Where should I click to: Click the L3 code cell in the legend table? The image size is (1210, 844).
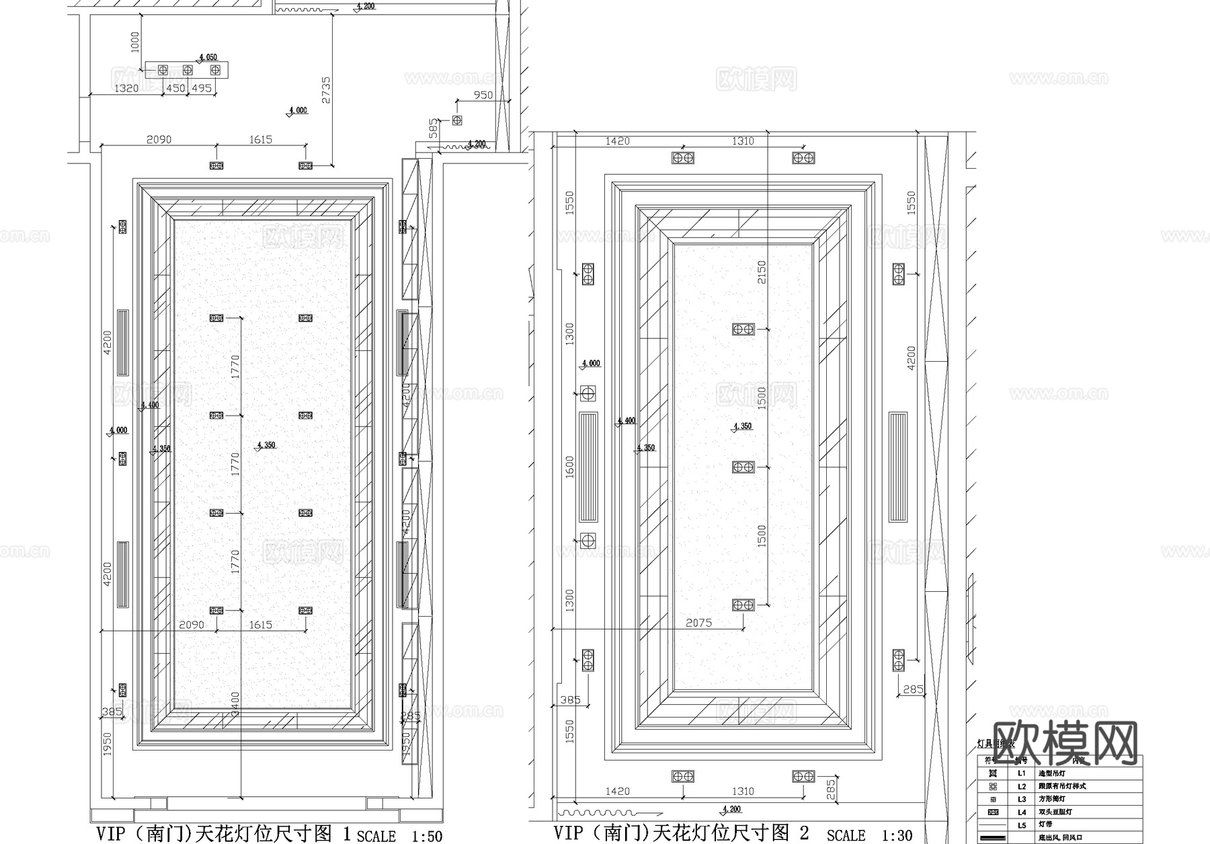click(1021, 799)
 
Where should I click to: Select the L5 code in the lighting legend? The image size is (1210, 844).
click(1021, 824)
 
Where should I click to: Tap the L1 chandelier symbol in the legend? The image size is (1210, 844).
click(993, 773)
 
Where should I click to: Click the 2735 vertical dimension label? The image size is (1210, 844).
click(326, 89)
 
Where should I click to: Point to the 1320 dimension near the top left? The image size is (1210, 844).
click(126, 88)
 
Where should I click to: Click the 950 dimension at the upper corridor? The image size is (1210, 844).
click(483, 95)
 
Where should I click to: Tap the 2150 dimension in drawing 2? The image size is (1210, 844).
click(762, 272)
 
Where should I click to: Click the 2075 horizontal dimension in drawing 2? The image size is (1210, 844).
click(698, 623)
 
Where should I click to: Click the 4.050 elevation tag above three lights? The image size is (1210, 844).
click(208, 58)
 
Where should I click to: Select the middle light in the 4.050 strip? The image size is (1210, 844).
click(188, 70)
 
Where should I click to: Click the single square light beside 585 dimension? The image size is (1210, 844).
click(457, 120)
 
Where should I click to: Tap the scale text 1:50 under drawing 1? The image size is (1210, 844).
click(426, 836)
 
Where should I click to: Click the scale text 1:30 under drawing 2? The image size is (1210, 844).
click(897, 835)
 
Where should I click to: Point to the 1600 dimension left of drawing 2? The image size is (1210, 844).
click(570, 467)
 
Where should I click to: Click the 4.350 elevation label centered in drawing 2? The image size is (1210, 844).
click(743, 426)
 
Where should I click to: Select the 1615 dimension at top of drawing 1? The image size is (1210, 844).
click(260, 139)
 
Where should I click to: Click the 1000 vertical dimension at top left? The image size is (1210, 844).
click(135, 42)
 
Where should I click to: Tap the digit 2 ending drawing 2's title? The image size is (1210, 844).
click(804, 833)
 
